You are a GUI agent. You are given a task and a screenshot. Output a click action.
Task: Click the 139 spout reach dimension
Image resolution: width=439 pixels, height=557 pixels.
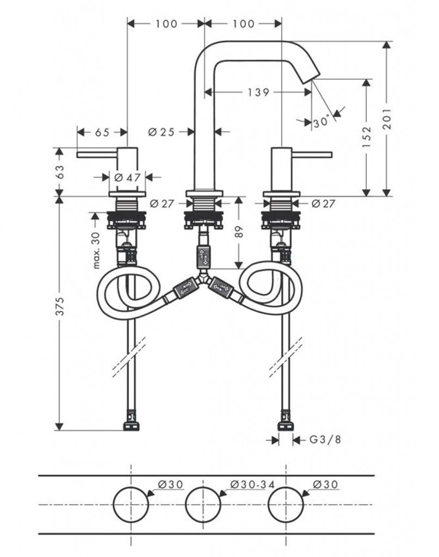[x=258, y=92]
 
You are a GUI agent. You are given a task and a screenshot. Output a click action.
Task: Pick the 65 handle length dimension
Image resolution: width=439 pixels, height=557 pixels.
[x=102, y=132]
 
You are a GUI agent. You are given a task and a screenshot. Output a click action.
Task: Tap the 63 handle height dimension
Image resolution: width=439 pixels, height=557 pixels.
[x=60, y=171]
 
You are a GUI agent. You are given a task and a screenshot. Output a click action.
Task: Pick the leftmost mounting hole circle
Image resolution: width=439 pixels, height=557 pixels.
[x=131, y=505]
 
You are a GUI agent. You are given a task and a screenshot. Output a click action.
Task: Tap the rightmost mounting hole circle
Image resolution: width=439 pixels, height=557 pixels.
[x=285, y=505]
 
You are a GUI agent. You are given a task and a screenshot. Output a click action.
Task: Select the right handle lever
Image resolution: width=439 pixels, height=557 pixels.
[x=313, y=154]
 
